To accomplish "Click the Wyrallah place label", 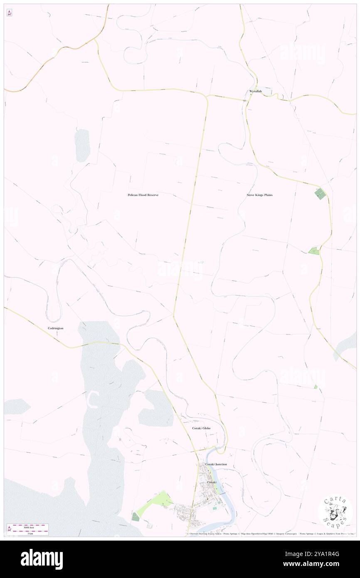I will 255,91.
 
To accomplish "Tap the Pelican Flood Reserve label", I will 143,195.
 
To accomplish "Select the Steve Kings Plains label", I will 259,195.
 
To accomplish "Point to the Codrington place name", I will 55,328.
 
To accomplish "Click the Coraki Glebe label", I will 201,428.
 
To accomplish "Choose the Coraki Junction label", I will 216,464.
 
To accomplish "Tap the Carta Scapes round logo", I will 335,511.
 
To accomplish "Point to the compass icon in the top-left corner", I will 9,13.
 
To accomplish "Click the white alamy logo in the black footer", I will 42,559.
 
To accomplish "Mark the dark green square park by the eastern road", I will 321,194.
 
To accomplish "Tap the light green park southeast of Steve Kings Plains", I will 313,251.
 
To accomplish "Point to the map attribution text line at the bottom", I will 270,534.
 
